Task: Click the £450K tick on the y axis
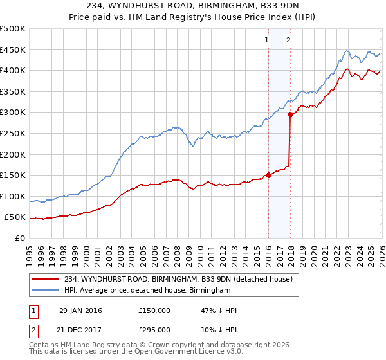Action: tap(13, 50)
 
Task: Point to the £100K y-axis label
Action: tap(13, 196)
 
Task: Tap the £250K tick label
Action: tap(13, 133)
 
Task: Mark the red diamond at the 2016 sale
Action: tap(268, 175)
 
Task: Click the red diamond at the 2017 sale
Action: tap(290, 115)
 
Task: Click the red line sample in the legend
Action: tap(46, 279)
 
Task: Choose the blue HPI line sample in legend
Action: tap(46, 291)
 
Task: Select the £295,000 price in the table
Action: tap(154, 329)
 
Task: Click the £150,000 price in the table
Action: tap(154, 310)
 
